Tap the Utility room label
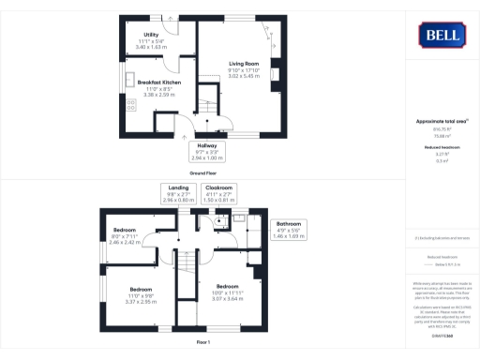point(151,39)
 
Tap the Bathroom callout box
point(289,230)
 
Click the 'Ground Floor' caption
point(204,174)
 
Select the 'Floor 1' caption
point(204,342)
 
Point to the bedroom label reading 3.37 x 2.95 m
point(141,296)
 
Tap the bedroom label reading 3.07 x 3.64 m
point(228,292)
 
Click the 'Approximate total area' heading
point(441,122)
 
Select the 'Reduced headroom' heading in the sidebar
point(441,147)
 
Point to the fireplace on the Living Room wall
point(274,73)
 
